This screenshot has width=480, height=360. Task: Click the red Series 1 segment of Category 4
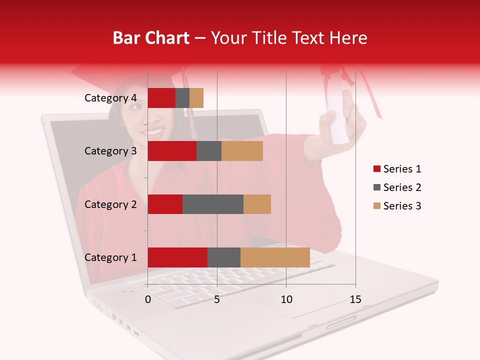[x=161, y=98]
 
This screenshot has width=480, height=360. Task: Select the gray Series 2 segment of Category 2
[x=213, y=204]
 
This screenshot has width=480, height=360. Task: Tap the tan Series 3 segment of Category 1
[x=275, y=257]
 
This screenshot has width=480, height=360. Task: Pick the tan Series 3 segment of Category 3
[x=242, y=151]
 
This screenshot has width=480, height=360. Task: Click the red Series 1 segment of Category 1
[x=177, y=257]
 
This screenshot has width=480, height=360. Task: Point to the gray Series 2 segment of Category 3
[x=209, y=151]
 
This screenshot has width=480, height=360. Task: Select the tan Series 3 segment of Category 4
[x=196, y=98]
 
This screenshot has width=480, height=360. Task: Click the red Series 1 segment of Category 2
[x=165, y=204]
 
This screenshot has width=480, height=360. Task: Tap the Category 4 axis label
[x=110, y=98]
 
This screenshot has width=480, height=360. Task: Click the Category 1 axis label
[x=110, y=257]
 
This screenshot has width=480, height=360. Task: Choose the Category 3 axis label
[x=110, y=151]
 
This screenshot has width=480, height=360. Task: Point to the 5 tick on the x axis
[x=217, y=299]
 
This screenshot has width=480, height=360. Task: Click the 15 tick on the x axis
[x=355, y=299]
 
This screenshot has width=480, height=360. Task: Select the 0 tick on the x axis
[x=148, y=299]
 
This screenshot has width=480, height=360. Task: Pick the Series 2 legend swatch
[x=376, y=187]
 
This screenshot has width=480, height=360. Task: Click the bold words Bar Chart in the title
[x=151, y=37]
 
